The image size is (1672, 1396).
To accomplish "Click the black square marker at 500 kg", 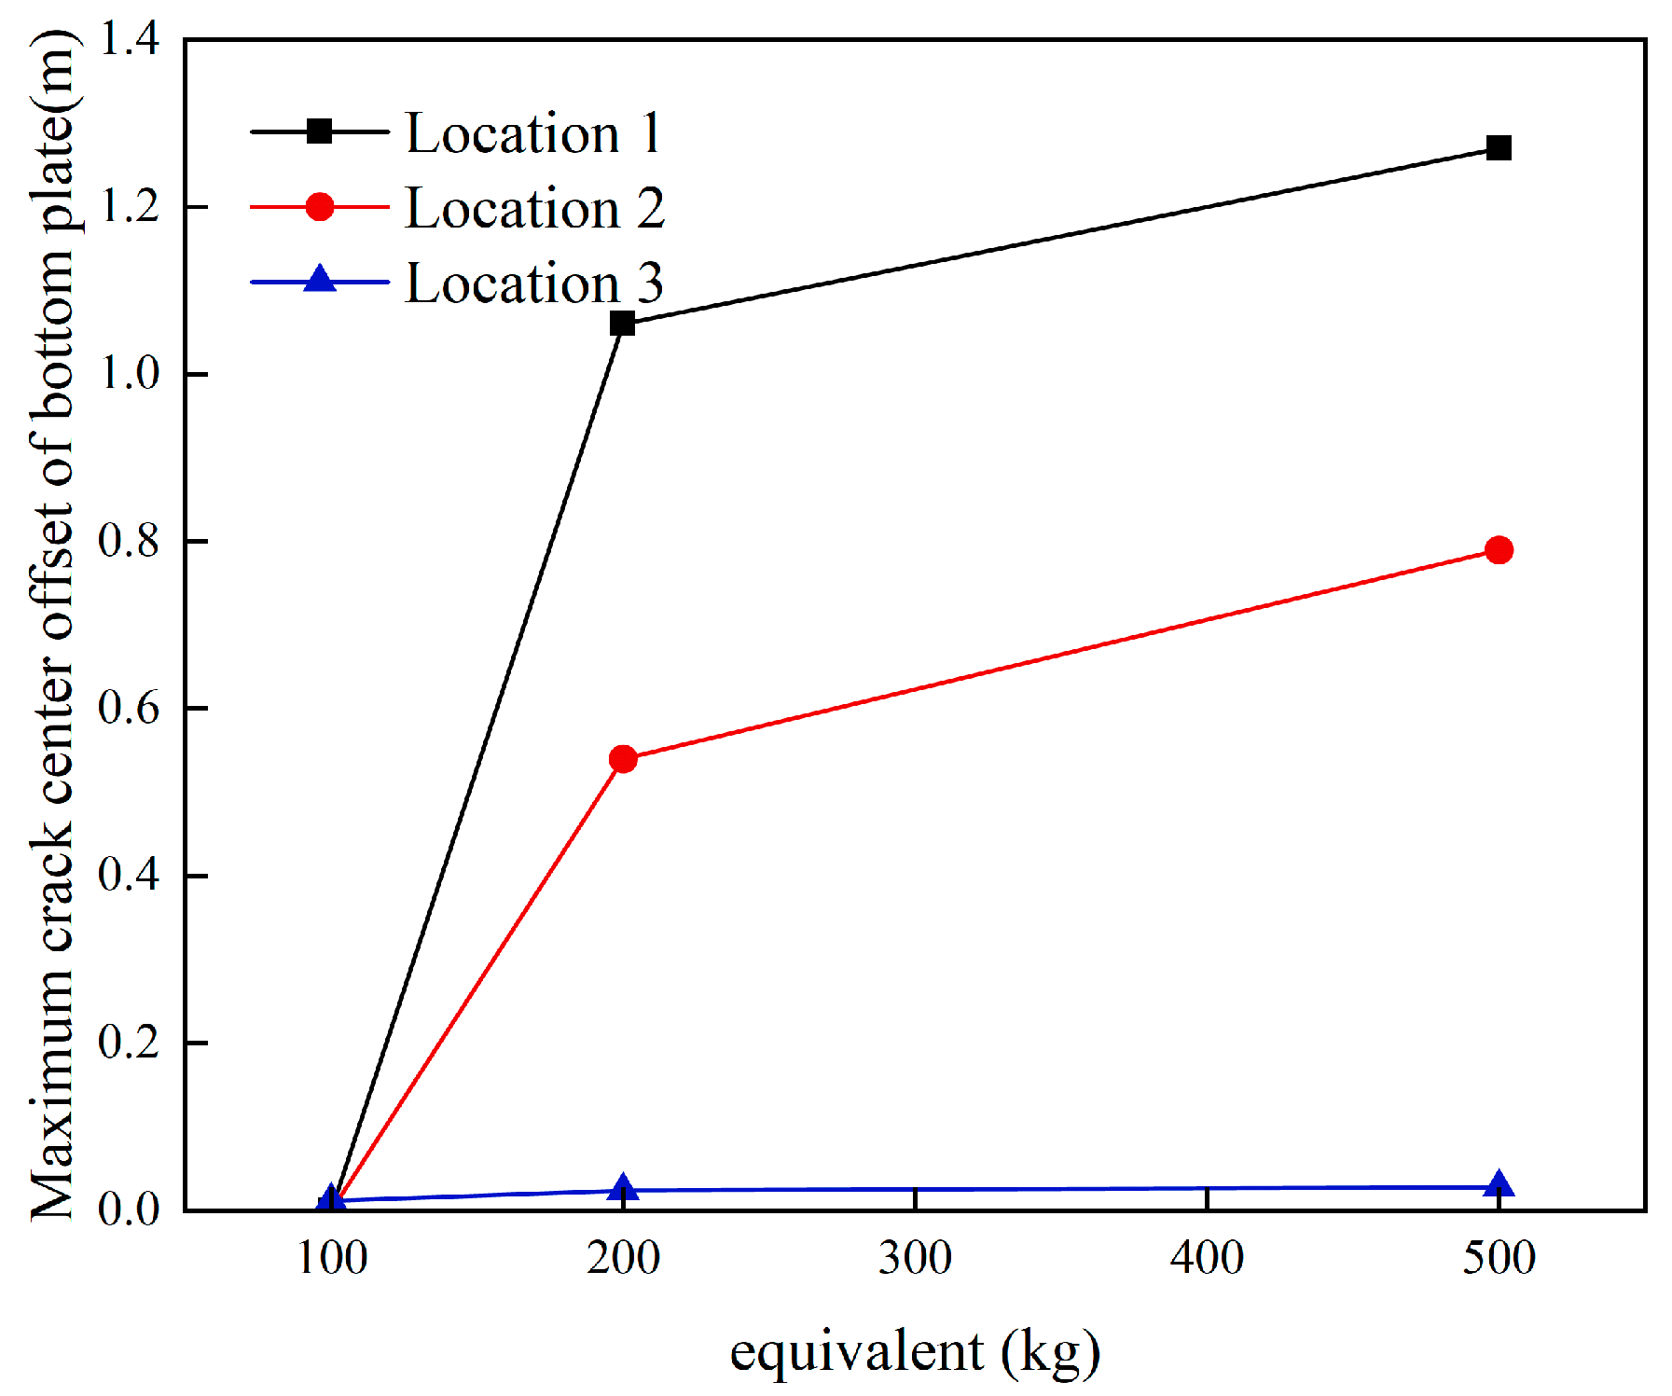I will click(1499, 147).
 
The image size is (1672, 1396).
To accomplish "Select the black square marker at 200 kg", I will click(622, 324).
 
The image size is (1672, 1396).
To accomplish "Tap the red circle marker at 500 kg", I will click(1499, 550).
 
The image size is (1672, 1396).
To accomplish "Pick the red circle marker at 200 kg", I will click(623, 759).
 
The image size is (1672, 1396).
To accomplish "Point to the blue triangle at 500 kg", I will click(1499, 1185).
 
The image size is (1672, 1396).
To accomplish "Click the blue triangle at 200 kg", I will click(623, 1188).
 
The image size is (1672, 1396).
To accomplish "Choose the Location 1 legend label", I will click(533, 132).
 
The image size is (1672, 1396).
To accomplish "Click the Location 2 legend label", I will click(534, 207).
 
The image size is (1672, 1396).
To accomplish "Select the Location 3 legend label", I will click(534, 283).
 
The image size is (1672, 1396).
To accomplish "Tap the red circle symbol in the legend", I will click(320, 206).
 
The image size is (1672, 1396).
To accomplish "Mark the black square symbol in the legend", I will click(320, 131).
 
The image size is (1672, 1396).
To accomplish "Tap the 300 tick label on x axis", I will click(915, 1258).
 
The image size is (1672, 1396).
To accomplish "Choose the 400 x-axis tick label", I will click(1207, 1258).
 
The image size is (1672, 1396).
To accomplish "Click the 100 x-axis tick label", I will click(331, 1258).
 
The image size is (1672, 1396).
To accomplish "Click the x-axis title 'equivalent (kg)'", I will click(914, 1352).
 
